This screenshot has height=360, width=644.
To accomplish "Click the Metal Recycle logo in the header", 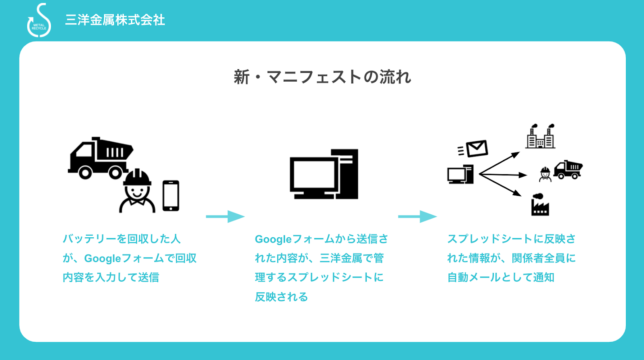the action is [39, 21].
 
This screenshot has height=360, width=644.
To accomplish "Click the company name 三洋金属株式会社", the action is [115, 20].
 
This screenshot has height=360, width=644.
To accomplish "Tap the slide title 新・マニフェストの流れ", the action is [322, 77].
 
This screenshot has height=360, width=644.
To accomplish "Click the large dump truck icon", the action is [100, 158].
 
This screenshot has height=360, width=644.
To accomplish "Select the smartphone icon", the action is [171, 195].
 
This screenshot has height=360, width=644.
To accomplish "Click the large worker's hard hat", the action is [137, 178].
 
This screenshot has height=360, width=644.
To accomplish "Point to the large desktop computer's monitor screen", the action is [314, 174].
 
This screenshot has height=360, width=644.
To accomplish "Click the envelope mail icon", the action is [477, 148].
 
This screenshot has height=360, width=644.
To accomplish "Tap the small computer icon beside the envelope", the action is [460, 174].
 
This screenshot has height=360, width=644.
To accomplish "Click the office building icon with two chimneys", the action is [540, 136].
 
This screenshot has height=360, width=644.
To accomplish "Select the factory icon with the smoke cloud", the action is [540, 205].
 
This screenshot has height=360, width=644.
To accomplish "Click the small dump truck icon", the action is [568, 170].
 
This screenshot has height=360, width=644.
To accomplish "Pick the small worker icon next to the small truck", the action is [545, 175].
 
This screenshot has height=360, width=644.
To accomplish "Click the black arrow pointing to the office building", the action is [500, 163].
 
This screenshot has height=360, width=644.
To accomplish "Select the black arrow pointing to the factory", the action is [500, 185].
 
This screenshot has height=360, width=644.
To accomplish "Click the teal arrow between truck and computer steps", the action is [225, 216].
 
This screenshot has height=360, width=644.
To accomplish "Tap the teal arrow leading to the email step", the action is [417, 216].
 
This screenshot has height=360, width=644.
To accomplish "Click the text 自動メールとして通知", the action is [501, 277].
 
